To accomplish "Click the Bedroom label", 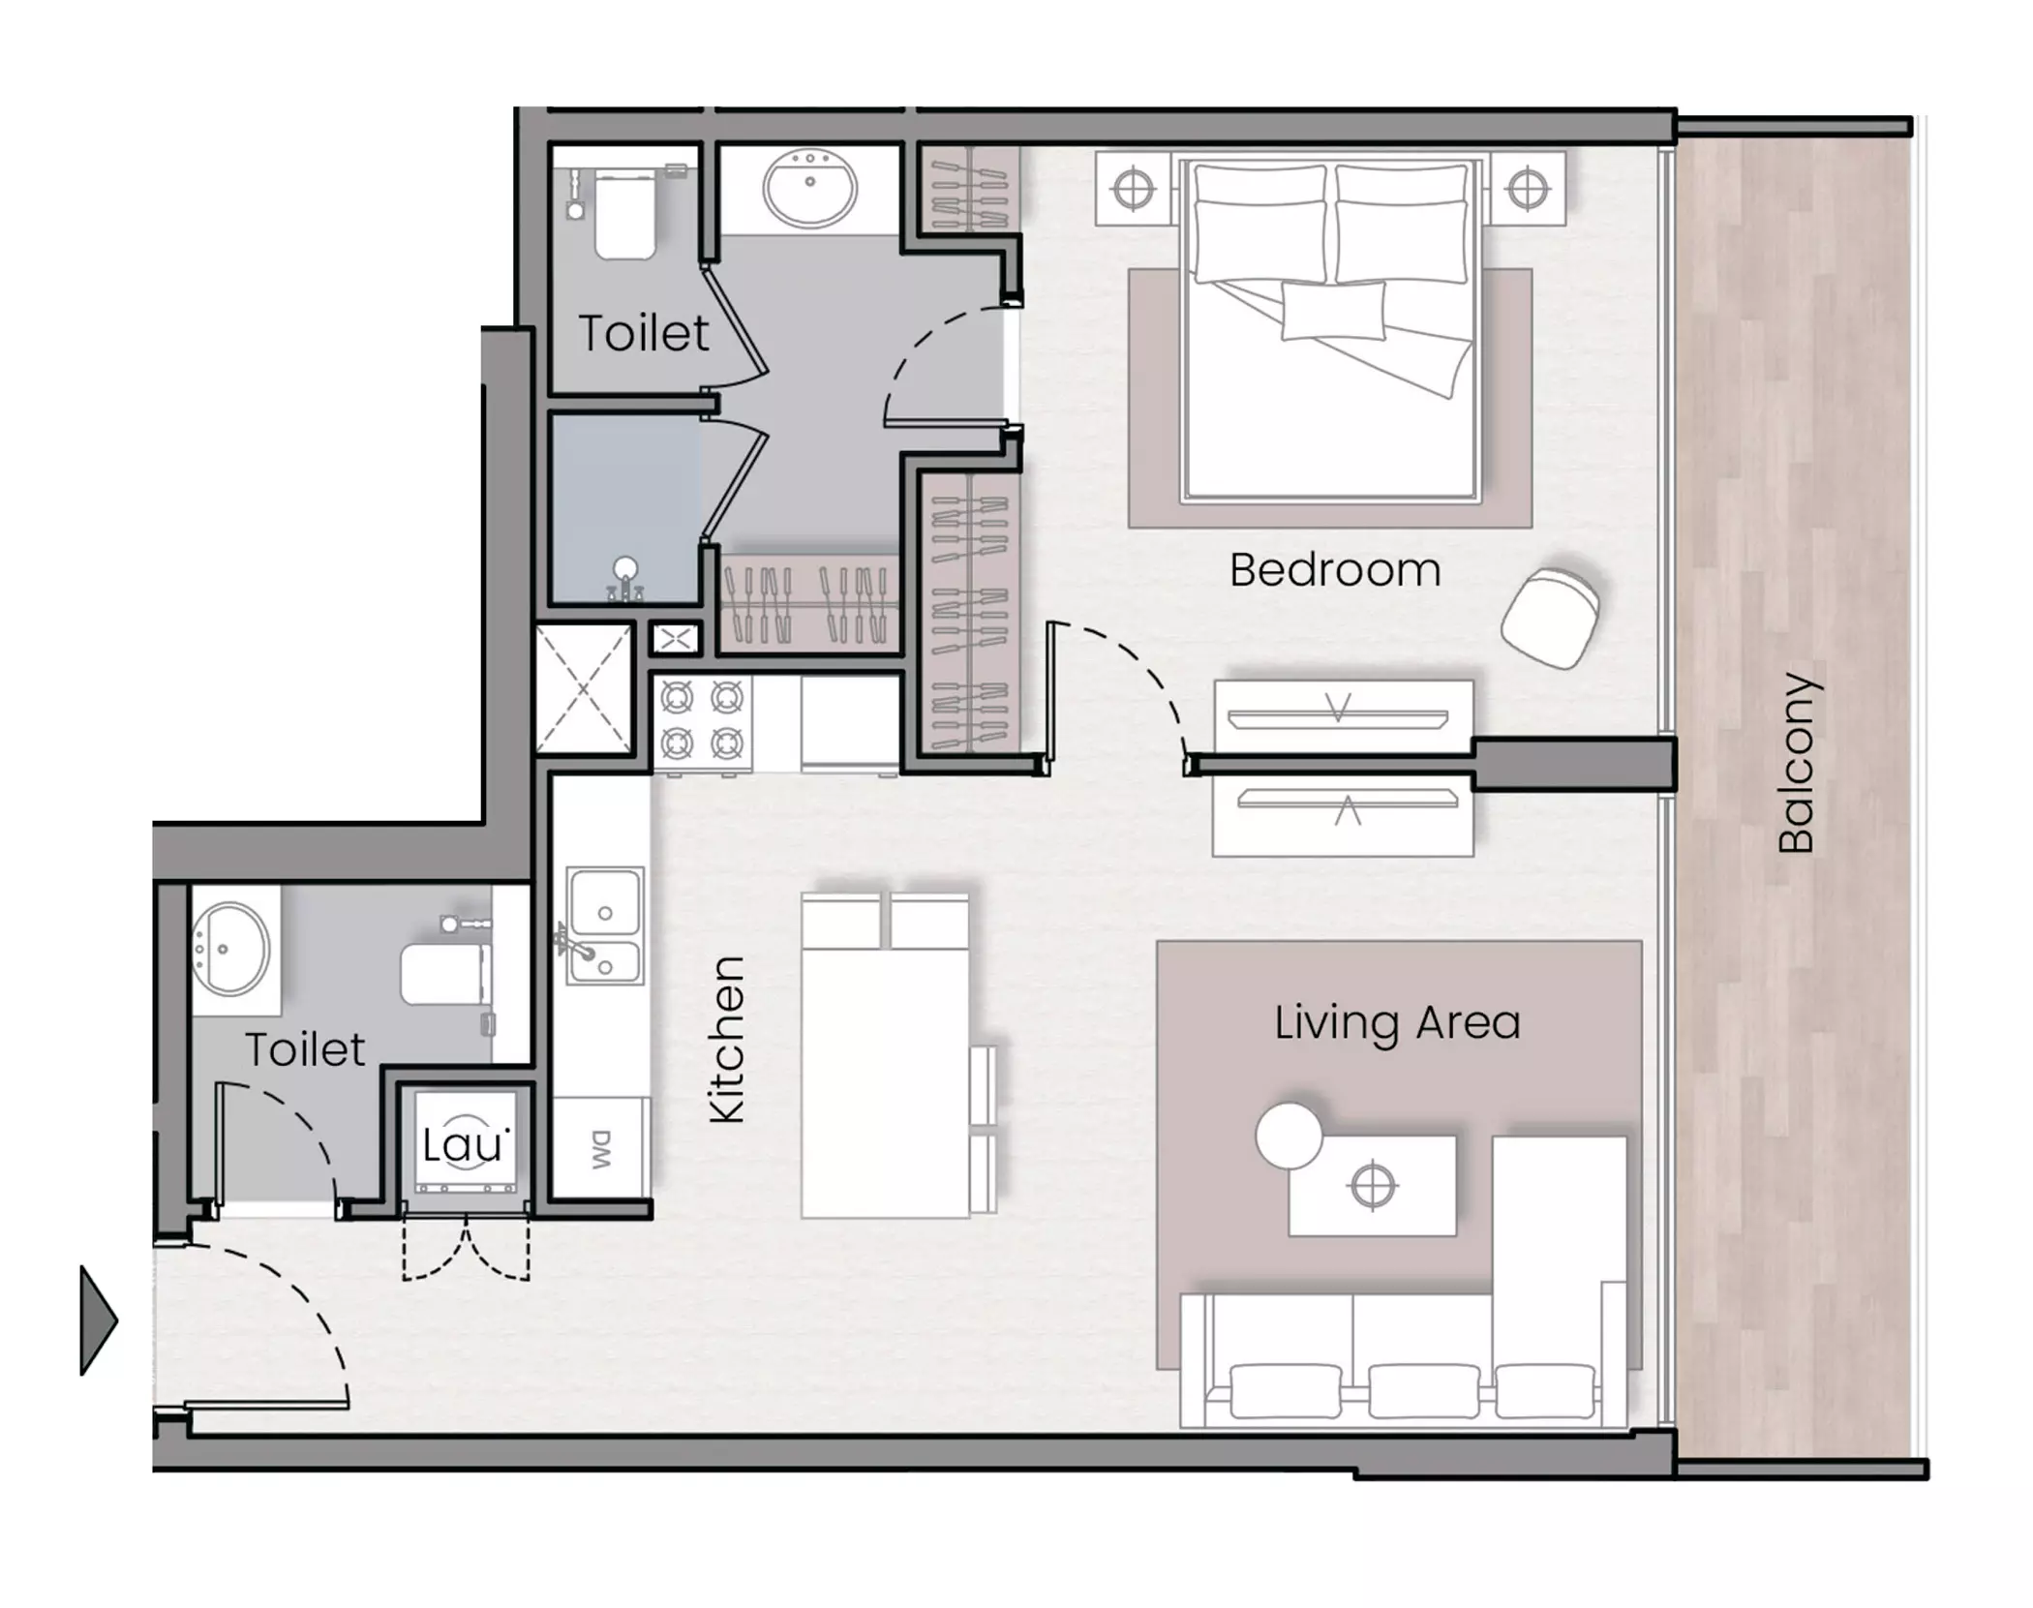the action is [1335, 570].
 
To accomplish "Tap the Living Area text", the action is [1397, 1023].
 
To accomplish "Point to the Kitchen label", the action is [727, 1040].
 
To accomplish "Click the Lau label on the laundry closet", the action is [464, 1145].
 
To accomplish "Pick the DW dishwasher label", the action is [602, 1149].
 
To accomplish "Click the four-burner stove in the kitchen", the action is [702, 722].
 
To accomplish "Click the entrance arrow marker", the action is [98, 1320].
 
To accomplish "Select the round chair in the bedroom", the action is [1550, 618].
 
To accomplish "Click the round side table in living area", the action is [1289, 1136].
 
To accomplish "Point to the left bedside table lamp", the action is [1133, 189].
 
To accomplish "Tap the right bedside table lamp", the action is [1527, 189].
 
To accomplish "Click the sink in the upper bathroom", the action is [810, 187].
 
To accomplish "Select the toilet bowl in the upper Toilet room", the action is [624, 215].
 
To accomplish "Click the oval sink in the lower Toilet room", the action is [231, 949].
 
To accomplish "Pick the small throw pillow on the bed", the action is [1333, 310].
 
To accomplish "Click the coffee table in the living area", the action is [1372, 1186].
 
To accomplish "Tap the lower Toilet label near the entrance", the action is [305, 1049].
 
